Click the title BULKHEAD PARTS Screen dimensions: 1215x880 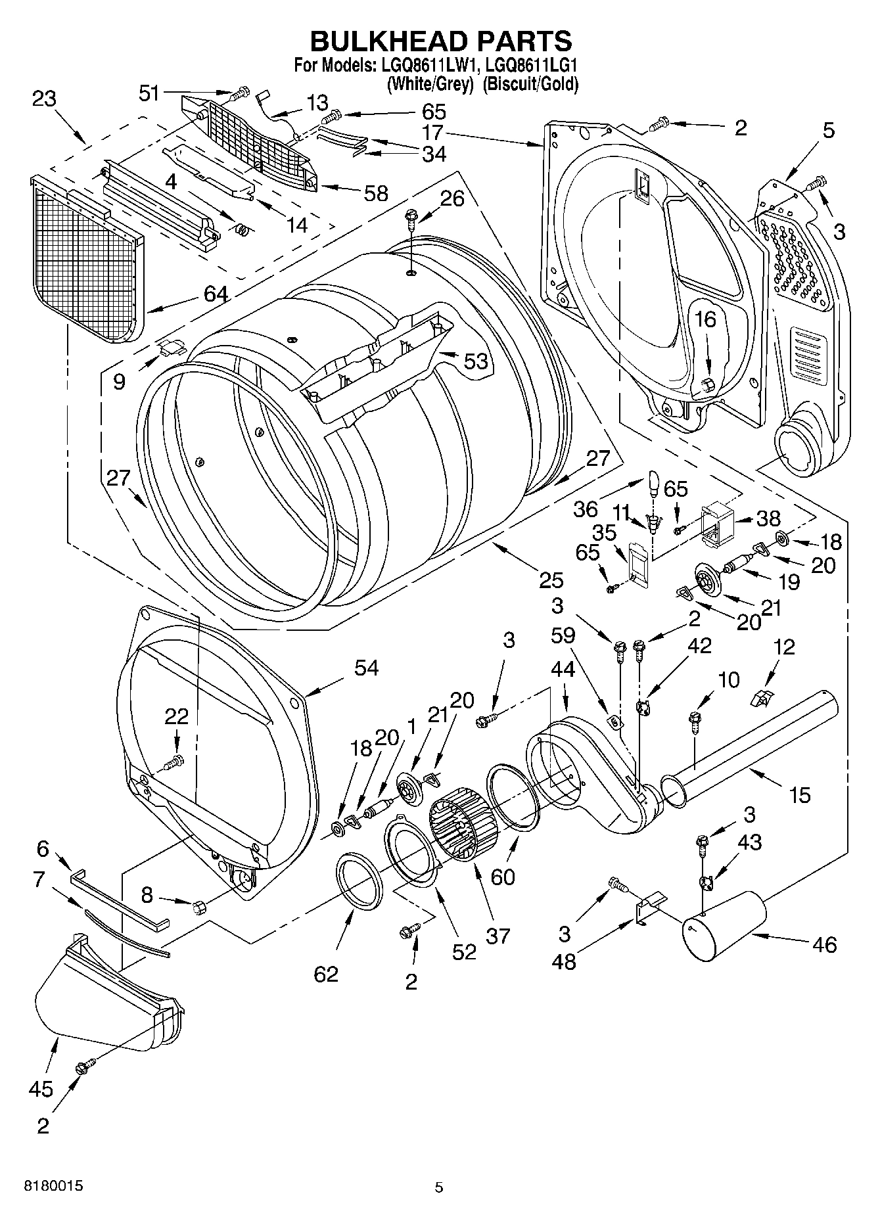(x=441, y=41)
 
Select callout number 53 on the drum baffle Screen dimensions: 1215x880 (x=476, y=361)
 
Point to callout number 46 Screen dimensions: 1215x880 (x=823, y=944)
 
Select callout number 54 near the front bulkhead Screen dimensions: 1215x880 (x=367, y=668)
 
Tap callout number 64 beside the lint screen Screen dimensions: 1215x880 (x=216, y=294)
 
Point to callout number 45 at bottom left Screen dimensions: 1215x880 (x=41, y=1088)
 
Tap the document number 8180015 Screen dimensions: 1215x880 (x=53, y=1186)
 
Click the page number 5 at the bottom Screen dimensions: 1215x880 (x=439, y=1187)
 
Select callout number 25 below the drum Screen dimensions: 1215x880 (x=551, y=580)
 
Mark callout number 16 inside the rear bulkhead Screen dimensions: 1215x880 (x=705, y=320)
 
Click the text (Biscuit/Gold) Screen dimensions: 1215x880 (x=530, y=84)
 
